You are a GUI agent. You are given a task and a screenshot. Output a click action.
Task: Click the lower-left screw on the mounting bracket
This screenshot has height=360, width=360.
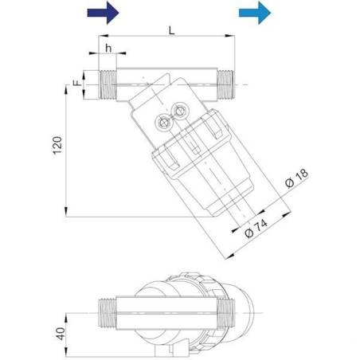[164, 123]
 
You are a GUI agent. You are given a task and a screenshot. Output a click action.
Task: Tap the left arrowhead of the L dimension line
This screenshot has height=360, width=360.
[102, 37]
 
